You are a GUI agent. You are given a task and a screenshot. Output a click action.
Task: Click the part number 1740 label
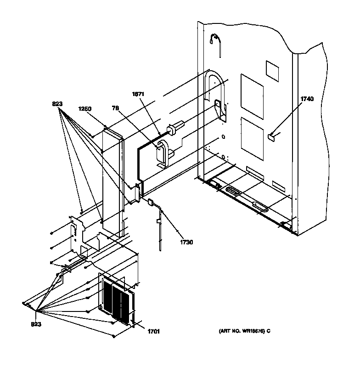pos(307,99)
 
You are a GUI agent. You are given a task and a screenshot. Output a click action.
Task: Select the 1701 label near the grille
pos(153,331)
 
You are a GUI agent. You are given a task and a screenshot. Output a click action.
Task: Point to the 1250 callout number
pos(85,109)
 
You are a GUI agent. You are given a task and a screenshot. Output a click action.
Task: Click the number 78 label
pos(115,109)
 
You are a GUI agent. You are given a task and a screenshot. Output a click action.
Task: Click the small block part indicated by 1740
pos(271,136)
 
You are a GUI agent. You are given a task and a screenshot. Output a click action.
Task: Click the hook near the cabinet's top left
pos(215,41)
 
